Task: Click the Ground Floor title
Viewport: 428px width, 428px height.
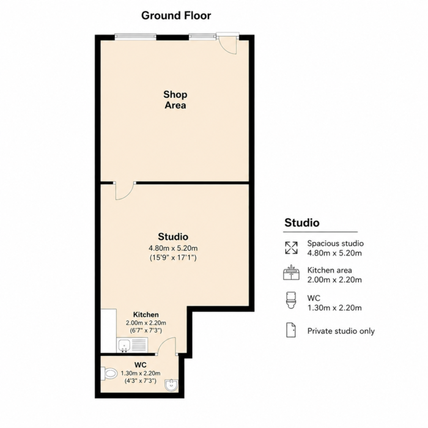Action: (x=176, y=15)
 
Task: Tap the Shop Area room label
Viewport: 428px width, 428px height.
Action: (x=175, y=100)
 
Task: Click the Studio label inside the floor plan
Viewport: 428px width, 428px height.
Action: (x=173, y=237)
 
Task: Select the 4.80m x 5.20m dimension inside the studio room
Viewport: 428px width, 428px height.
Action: (x=173, y=248)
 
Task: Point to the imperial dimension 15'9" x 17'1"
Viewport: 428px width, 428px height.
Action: (x=173, y=257)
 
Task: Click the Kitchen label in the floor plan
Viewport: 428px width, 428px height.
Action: (x=146, y=314)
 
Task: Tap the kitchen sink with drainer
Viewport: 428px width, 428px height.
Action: (x=133, y=345)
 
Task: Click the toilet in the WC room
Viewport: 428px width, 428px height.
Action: (x=109, y=373)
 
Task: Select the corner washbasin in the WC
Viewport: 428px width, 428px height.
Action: (x=172, y=385)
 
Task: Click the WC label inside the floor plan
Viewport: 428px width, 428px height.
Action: (x=140, y=364)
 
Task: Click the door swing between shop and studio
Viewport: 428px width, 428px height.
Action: (x=125, y=191)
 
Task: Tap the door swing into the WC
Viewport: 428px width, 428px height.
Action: (x=166, y=346)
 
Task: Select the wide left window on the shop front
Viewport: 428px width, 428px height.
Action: (x=135, y=37)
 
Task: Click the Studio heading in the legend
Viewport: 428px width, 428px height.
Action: (x=301, y=223)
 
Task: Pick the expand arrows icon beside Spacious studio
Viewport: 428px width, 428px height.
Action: (x=291, y=248)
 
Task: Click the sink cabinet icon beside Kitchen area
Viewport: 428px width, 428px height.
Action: (x=291, y=273)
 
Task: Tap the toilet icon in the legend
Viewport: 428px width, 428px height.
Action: (x=291, y=300)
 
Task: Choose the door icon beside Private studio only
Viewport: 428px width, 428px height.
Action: (x=291, y=330)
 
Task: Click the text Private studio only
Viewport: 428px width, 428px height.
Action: (x=341, y=331)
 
